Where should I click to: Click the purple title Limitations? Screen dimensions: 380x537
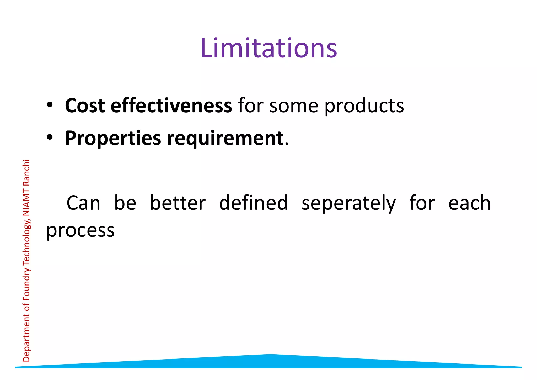tap(268, 48)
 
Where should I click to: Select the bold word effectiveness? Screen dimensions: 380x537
tap(171, 106)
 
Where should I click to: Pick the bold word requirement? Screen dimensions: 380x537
tap(225, 139)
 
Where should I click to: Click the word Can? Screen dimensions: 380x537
tap(83, 203)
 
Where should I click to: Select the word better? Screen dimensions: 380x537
tap(178, 203)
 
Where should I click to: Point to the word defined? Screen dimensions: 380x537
tap(253, 203)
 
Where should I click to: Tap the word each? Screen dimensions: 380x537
tap(469, 203)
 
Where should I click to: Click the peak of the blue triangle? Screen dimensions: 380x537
tap(270, 355)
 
